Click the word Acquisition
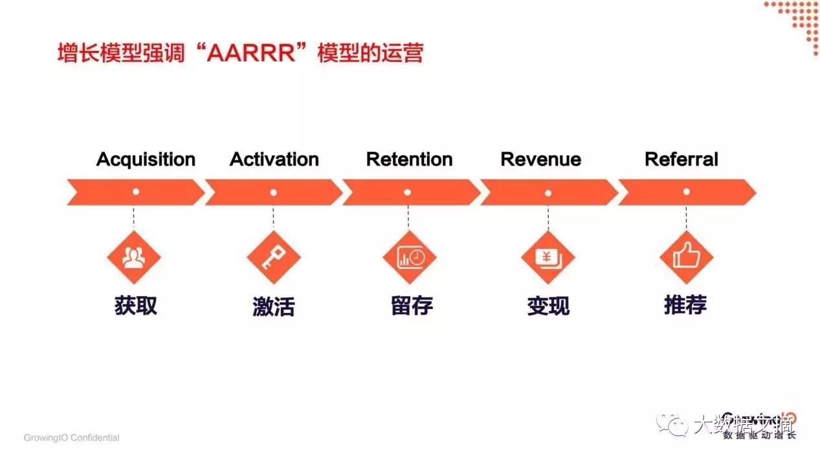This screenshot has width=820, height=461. click(146, 160)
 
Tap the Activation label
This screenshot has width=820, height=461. click(274, 160)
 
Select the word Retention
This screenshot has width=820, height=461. click(409, 160)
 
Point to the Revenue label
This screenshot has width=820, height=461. click(541, 160)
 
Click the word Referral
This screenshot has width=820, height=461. click(681, 160)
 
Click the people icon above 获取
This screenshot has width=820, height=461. click(134, 257)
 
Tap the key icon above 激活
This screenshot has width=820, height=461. click(273, 257)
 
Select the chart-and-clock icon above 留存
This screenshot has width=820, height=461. click(410, 257)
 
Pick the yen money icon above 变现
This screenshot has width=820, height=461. click(548, 257)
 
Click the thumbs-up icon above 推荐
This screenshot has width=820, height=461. click(686, 257)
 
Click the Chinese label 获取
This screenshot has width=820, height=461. click(136, 306)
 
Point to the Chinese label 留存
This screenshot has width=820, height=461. click(412, 306)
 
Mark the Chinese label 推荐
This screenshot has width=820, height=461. click(685, 305)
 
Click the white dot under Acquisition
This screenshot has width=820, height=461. click(135, 192)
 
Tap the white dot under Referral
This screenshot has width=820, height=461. click(686, 192)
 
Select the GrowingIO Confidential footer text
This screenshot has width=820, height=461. click(72, 438)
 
